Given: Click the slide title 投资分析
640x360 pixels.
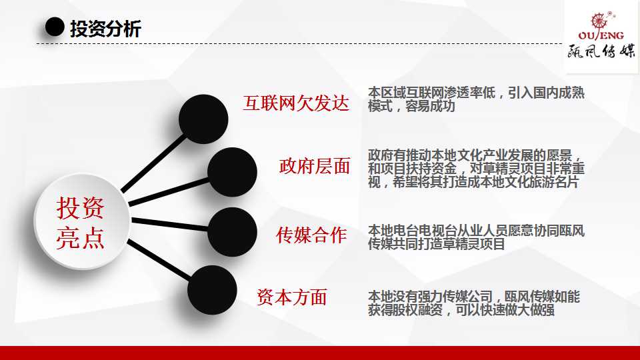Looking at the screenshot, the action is click(x=105, y=29).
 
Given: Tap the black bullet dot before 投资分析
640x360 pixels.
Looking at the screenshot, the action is click(x=55, y=27).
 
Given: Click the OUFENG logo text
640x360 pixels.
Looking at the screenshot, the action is click(x=601, y=35).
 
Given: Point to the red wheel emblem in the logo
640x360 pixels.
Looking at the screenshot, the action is click(x=599, y=21).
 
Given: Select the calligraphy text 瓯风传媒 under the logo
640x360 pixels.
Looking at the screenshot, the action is click(x=601, y=51).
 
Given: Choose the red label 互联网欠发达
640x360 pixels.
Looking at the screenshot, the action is click(x=296, y=103).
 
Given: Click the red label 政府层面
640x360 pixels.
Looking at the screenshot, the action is click(x=314, y=166).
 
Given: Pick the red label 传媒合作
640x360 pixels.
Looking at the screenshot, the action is click(x=311, y=235).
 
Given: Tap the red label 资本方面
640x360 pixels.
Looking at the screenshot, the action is click(x=292, y=297).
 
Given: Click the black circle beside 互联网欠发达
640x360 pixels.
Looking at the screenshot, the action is click(x=203, y=119).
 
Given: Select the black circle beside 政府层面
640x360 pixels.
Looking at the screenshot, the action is click(x=232, y=172).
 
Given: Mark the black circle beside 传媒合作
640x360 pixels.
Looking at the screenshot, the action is click(x=232, y=232).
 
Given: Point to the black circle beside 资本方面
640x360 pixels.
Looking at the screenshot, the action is click(x=212, y=290).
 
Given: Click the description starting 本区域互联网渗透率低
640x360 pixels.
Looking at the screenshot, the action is click(x=476, y=99).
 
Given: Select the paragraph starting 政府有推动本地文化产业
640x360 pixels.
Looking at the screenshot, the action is click(x=476, y=169).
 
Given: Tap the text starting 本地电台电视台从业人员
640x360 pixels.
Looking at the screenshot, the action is click(x=476, y=237).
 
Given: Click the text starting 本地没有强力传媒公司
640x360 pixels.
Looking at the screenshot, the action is click(x=473, y=303).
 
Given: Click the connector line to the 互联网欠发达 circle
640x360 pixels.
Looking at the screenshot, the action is click(x=153, y=164).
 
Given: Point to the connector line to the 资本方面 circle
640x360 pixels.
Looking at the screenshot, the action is click(x=159, y=260).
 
